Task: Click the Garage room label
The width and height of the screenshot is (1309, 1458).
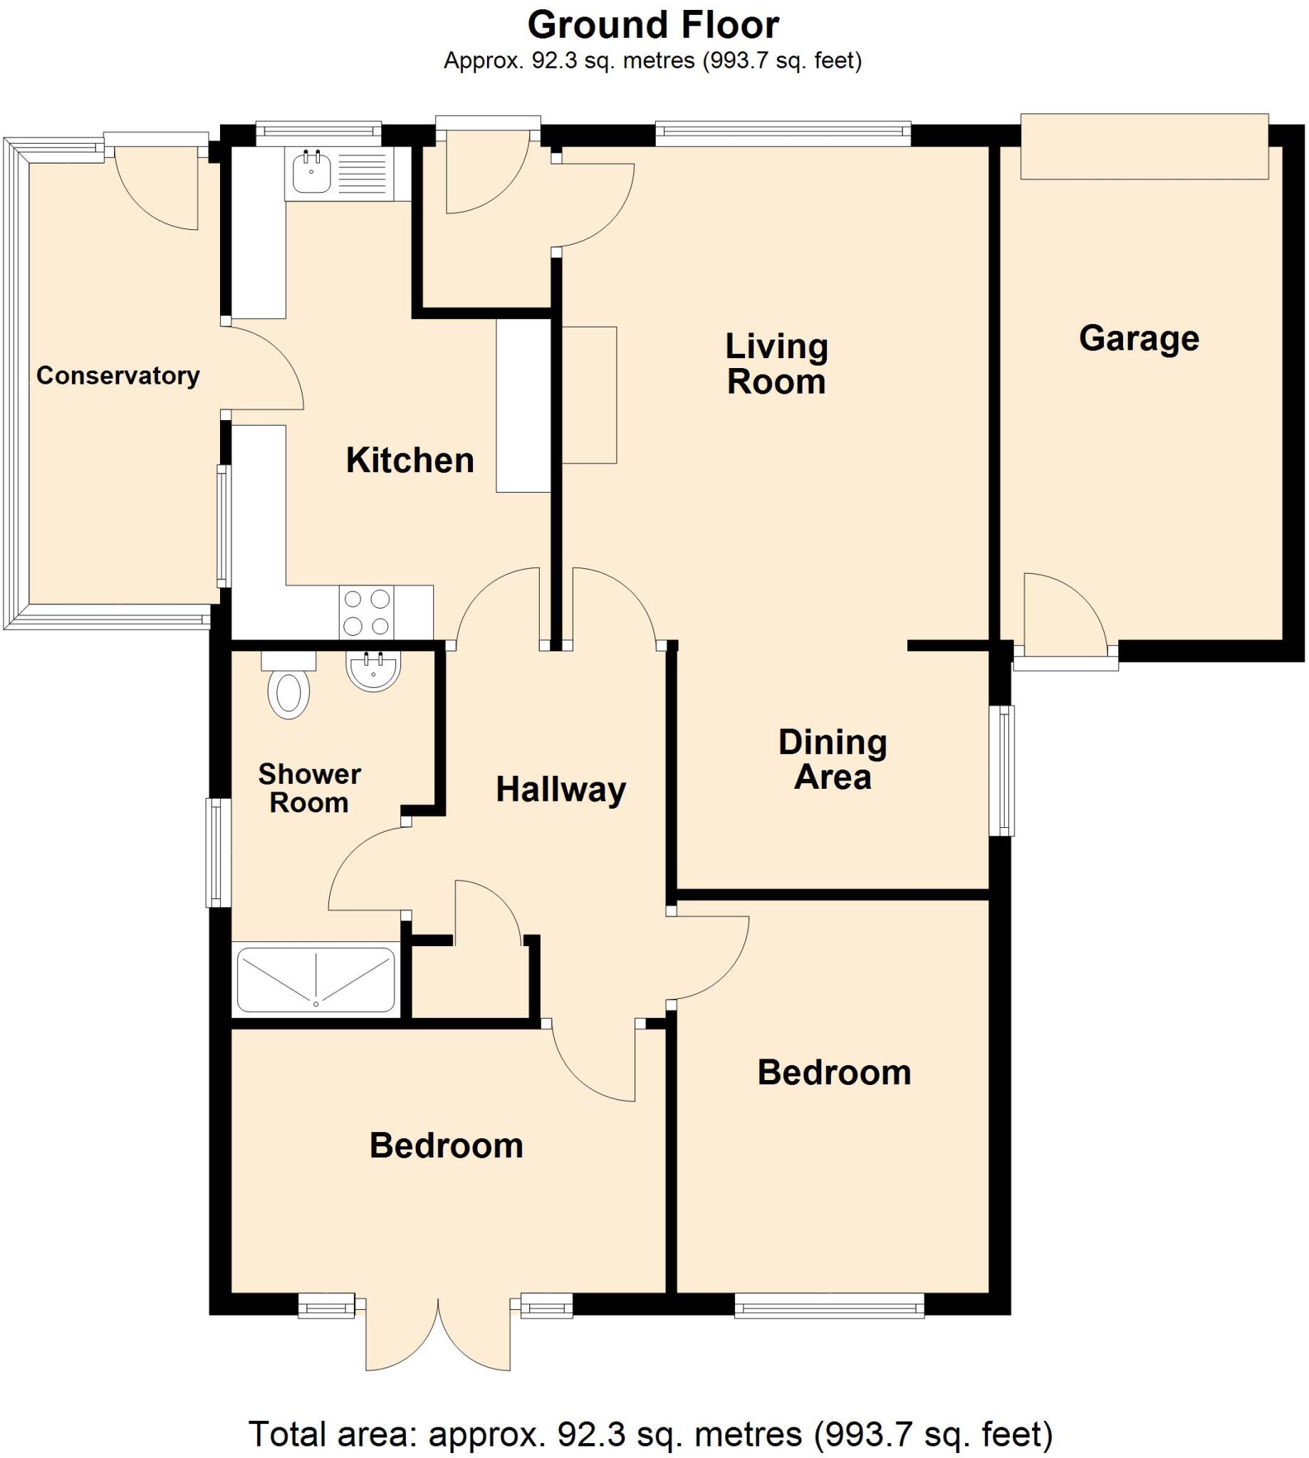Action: (1139, 339)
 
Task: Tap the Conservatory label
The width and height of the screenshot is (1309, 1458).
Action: (118, 375)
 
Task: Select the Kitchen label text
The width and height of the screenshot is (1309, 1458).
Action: (410, 460)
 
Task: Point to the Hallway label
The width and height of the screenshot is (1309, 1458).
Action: (561, 790)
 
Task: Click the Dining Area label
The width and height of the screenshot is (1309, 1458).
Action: (832, 759)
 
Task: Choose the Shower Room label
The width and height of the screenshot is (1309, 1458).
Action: (309, 788)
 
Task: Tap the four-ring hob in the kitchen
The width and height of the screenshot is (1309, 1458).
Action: (367, 612)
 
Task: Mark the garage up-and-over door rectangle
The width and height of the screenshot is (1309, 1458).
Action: (1144, 146)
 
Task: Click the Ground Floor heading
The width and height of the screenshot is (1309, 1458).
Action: (653, 25)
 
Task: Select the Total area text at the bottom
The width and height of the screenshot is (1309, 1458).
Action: (651, 1434)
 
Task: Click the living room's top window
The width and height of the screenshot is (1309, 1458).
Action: (783, 130)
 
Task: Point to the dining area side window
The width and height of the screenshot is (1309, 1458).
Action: (1001, 771)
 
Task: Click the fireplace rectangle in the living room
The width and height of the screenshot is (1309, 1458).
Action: (589, 394)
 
